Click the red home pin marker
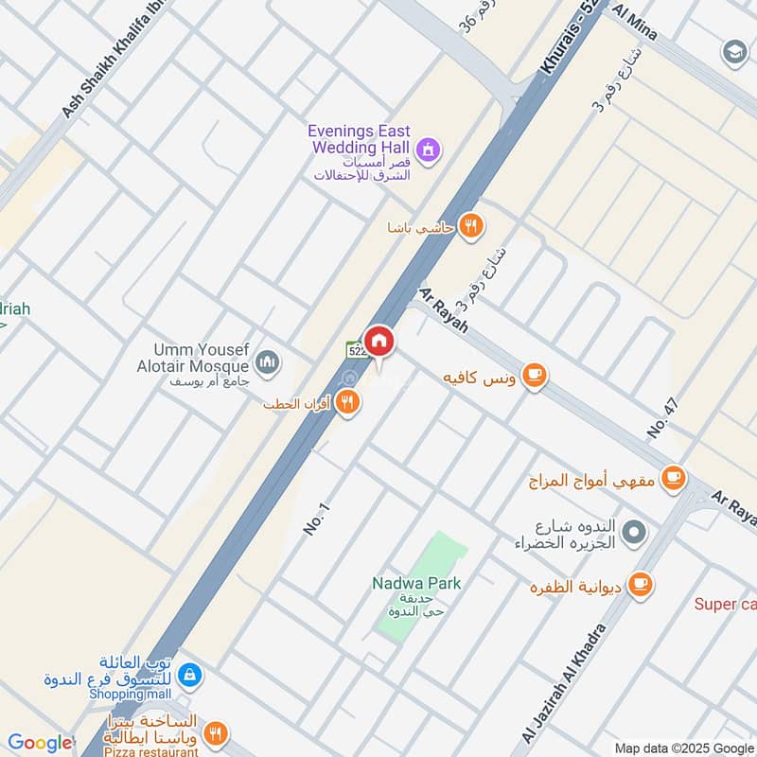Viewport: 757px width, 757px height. pyautogui.click(x=379, y=342)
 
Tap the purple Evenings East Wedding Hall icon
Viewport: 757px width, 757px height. pyautogui.click(x=429, y=150)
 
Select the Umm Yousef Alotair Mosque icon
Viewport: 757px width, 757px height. pyautogui.click(x=268, y=362)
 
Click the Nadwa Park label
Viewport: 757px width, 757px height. pyautogui.click(x=417, y=583)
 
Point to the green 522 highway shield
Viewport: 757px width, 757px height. pyautogui.click(x=356, y=351)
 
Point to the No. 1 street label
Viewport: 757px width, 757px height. pyautogui.click(x=316, y=520)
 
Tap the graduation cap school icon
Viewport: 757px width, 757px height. pyautogui.click(x=734, y=50)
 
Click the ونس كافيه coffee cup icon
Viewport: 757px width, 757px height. pyautogui.click(x=535, y=376)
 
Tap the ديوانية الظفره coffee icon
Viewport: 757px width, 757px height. pyautogui.click(x=641, y=583)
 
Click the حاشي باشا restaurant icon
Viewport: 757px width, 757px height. pyautogui.click(x=470, y=226)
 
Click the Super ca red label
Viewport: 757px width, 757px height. pyautogui.click(x=725, y=604)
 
